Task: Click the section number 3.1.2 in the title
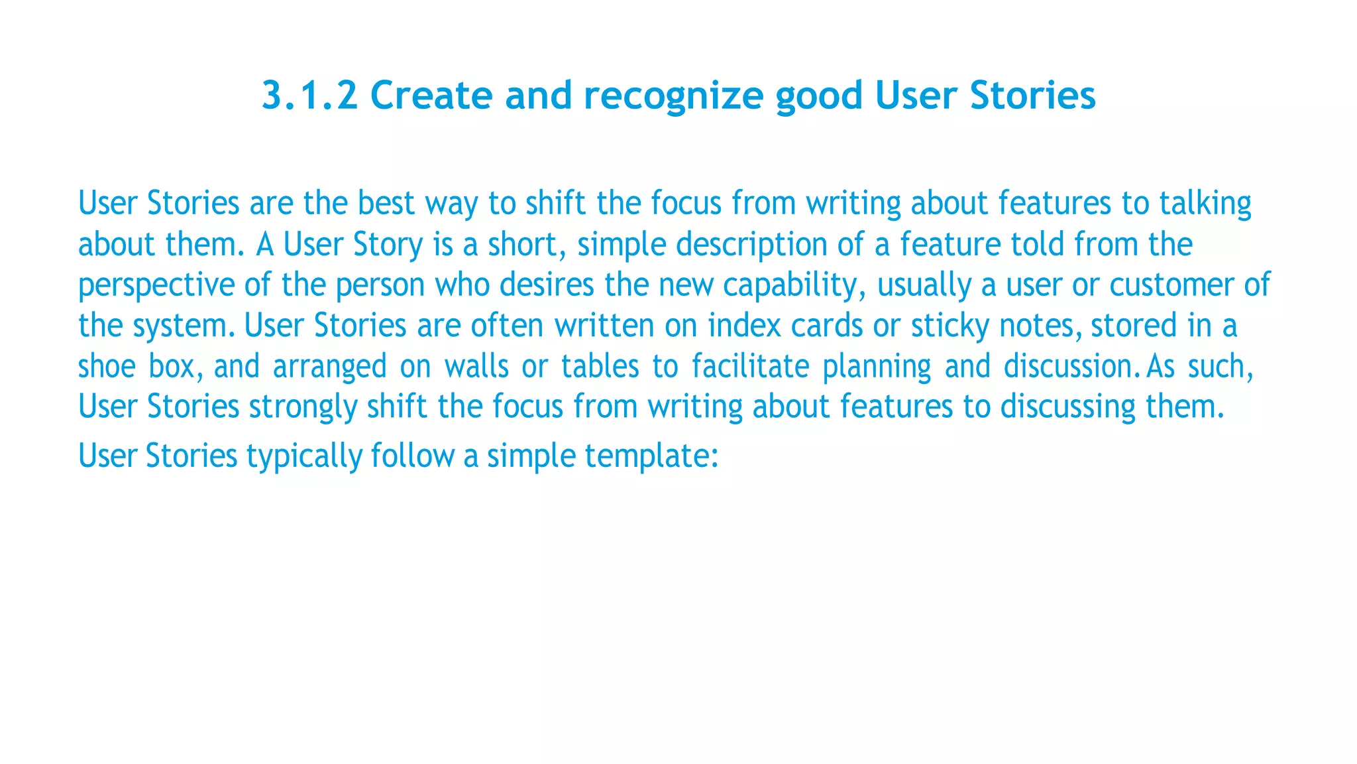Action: pyautogui.click(x=309, y=95)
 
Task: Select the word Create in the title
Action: pyautogui.click(x=431, y=95)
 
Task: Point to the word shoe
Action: pyautogui.click(x=107, y=367)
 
